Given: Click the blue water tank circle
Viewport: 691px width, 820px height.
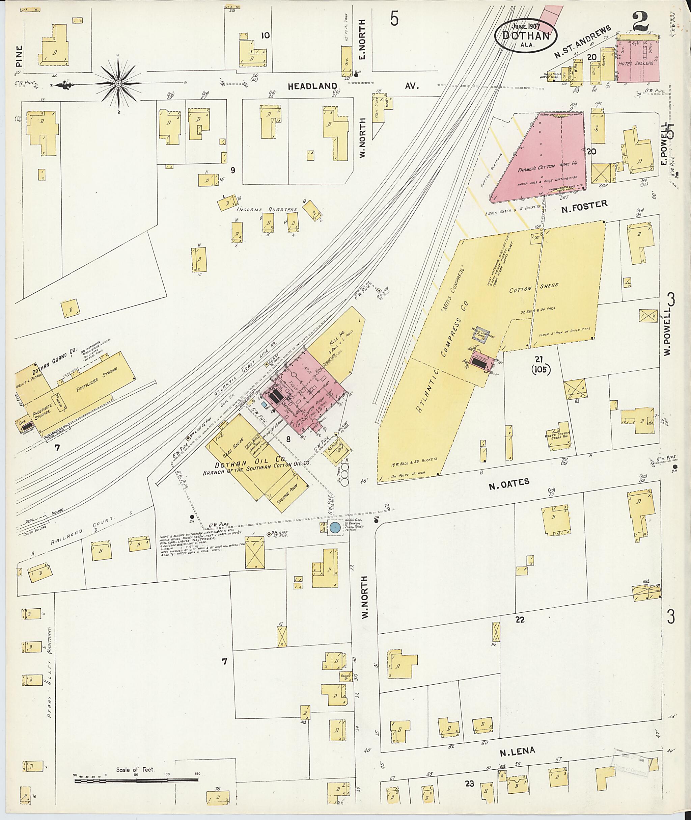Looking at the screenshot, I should coord(334,527).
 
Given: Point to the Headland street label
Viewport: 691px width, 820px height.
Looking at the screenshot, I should coord(312,86).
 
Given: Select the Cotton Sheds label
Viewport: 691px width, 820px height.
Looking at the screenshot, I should coord(533,288).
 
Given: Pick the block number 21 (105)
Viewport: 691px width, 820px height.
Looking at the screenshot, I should coord(541,364).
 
